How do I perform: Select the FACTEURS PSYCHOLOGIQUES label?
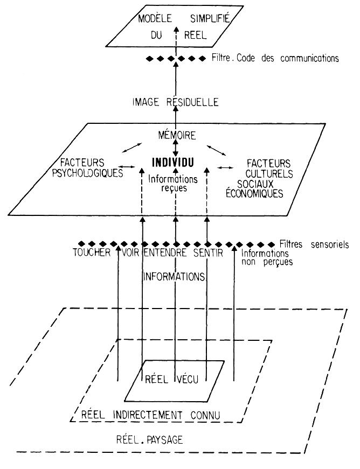click(x=90, y=167)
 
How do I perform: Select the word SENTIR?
click(x=206, y=253)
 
